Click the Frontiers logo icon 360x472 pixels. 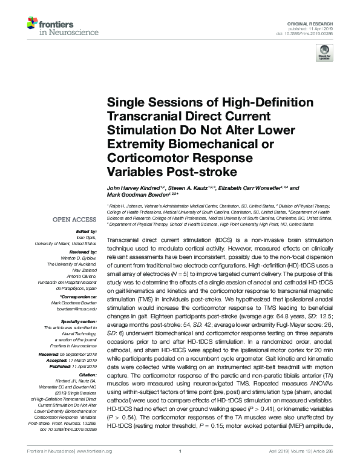pos(32,24)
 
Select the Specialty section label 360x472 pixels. pos(76,321)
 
